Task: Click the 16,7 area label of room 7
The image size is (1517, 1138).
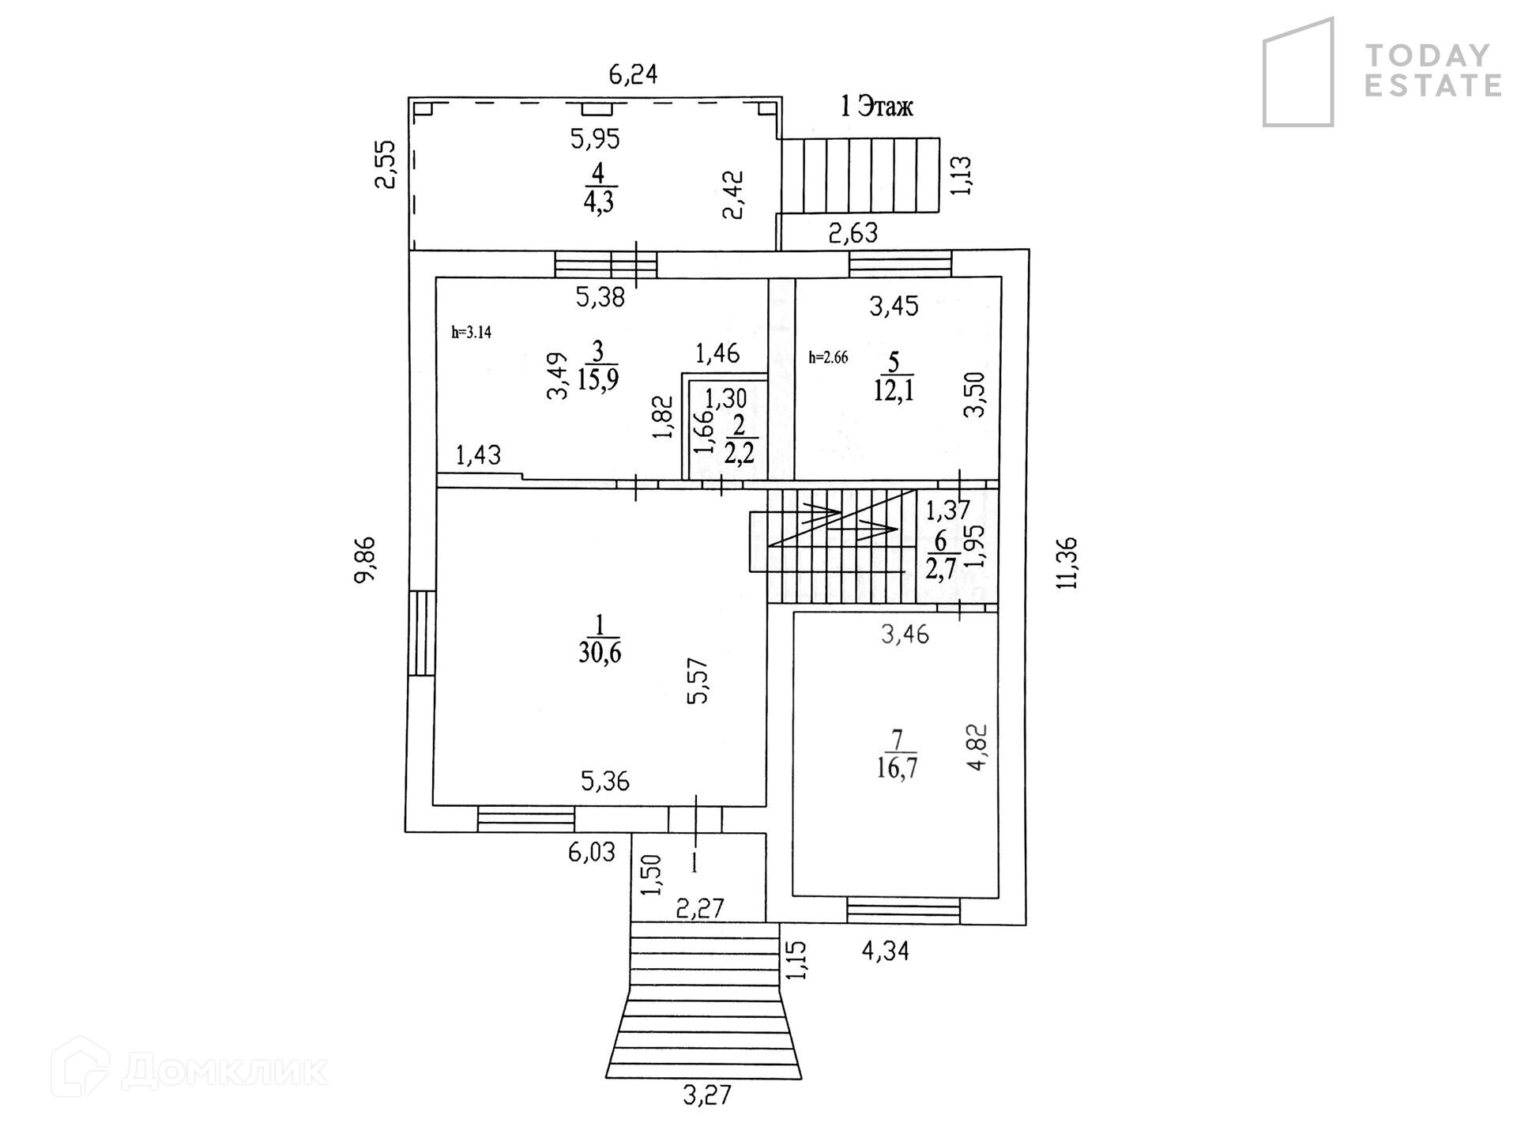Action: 897,767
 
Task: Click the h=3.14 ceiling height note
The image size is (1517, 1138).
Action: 472,333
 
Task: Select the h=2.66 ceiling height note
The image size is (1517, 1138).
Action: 828,357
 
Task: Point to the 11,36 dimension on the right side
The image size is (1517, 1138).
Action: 1068,563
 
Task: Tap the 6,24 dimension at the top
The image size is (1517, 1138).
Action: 633,75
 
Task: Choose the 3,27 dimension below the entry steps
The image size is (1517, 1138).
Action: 707,1095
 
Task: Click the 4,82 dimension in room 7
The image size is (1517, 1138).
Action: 978,748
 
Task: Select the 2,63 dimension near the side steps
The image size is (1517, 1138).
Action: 853,233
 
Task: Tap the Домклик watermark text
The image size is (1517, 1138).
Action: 224,1072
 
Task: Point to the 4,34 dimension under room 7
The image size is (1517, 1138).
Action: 885,950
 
